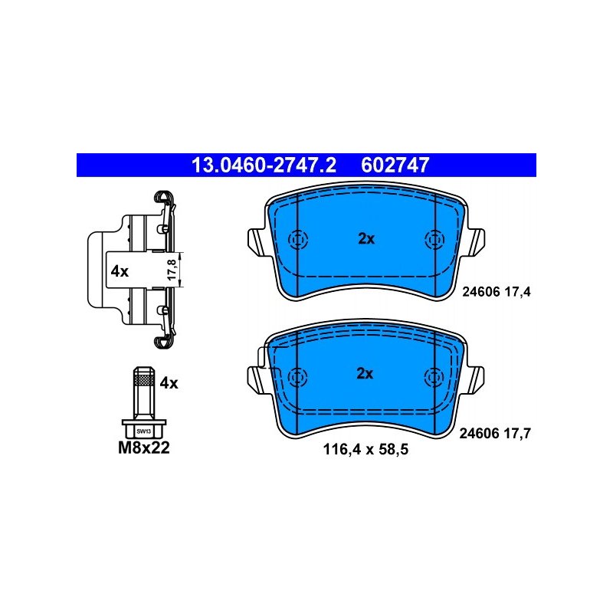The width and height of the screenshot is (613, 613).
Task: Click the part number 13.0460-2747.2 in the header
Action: [264, 165]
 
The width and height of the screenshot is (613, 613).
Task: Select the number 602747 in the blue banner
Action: [395, 165]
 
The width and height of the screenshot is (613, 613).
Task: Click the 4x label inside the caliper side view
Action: [120, 271]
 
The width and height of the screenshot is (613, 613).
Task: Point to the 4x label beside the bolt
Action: [169, 383]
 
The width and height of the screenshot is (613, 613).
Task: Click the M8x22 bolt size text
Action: [144, 448]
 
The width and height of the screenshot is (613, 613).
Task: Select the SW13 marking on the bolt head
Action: [144, 431]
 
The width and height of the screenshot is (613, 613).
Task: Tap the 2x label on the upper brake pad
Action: [366, 238]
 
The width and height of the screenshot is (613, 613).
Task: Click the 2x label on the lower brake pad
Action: [365, 374]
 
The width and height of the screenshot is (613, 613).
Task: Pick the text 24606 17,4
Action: [497, 292]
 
